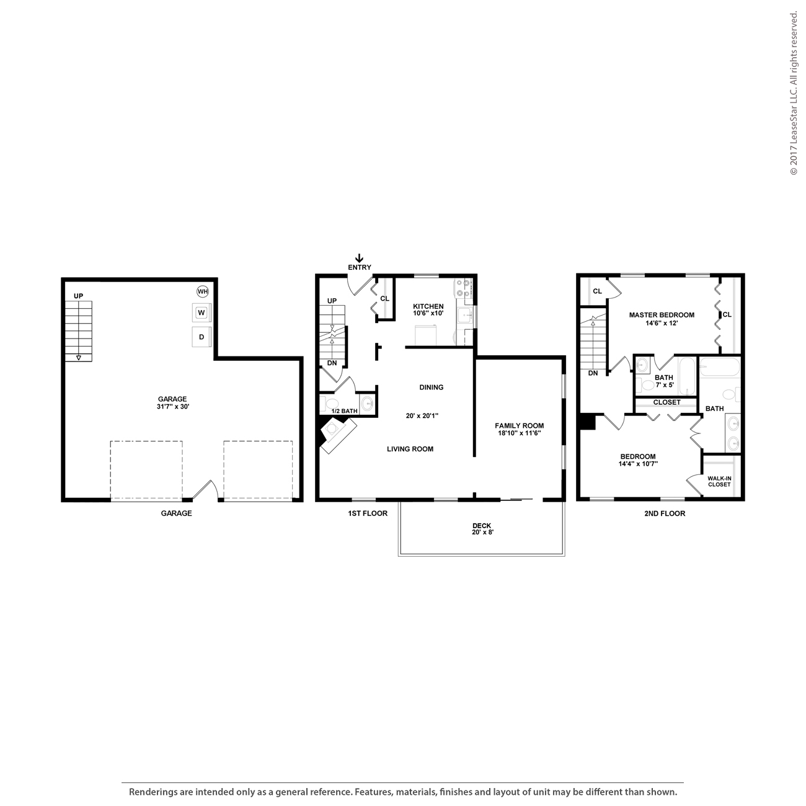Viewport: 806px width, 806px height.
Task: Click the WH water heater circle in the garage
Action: (203, 291)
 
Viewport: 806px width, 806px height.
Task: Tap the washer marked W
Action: (201, 312)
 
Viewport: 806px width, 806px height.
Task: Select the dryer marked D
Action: (201, 337)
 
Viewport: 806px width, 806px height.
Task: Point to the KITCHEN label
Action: (428, 306)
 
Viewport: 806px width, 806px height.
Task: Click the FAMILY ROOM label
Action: (519, 426)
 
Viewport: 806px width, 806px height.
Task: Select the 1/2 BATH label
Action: (345, 411)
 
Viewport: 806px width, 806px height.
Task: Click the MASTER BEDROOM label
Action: (662, 315)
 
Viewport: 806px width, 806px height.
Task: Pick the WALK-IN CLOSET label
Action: (719, 481)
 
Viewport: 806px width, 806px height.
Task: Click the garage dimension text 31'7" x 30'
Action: (172, 407)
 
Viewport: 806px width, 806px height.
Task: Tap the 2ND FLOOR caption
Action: (665, 513)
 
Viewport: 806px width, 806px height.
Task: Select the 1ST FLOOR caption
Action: (367, 513)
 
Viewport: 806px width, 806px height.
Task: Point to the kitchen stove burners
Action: (463, 288)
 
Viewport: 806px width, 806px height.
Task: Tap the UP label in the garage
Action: (78, 296)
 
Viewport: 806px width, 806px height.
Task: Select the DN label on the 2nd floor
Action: (593, 373)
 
